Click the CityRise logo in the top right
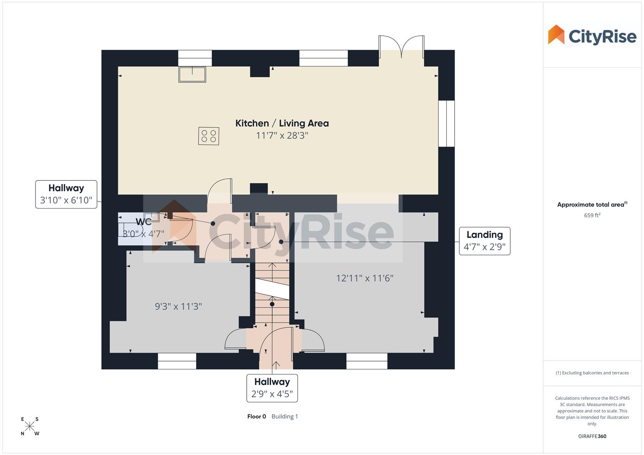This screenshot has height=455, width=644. point(592,35)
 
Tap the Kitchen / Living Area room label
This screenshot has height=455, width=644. point(282,123)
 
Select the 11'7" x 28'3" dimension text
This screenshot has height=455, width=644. point(282,136)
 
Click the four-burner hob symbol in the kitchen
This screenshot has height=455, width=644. point(209,136)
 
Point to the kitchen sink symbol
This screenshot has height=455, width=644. point(192,74)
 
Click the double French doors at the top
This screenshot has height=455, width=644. point(401,47)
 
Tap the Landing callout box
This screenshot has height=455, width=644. point(484,241)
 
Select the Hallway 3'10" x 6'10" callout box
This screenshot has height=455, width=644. point(66,194)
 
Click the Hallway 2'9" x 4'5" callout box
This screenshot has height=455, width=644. point(272,388)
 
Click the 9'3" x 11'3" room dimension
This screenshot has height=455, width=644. point(178,307)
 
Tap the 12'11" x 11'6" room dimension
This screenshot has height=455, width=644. point(364,278)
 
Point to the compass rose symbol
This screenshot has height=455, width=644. point(30,426)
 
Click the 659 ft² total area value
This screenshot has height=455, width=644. point(592,215)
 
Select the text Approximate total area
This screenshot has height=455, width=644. point(590,205)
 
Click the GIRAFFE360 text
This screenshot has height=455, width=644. point(592,436)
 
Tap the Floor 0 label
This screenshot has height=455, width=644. point(256,417)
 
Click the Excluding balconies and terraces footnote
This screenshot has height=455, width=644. point(592,373)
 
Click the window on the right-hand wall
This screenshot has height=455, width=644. point(446,123)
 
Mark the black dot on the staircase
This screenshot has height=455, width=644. point(272,304)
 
